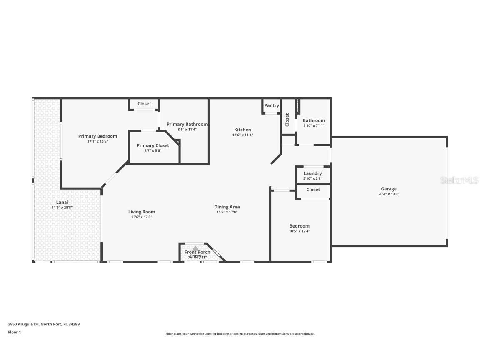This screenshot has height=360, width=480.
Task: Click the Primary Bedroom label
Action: coord(97,136)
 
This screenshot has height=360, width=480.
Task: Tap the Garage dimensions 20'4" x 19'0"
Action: coord(388,194)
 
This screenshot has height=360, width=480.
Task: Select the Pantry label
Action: coord(271,106)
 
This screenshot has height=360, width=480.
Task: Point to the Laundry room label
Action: coord(312,173)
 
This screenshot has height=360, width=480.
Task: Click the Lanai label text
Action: coord(62,202)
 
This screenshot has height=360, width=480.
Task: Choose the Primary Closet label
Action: coord(153,145)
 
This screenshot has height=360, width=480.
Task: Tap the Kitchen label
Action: coord(242,130)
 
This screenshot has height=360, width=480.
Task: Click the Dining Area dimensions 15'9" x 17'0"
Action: coord(227,212)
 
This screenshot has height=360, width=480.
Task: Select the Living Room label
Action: coord(142,212)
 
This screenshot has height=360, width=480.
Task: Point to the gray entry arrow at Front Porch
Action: coord(195,248)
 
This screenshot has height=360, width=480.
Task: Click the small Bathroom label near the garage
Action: coord(314,120)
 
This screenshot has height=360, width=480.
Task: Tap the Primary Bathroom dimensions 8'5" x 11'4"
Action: coord(187,130)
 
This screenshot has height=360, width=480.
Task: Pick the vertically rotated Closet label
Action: coord(287,120)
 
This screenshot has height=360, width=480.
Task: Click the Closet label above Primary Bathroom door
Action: coord(144,104)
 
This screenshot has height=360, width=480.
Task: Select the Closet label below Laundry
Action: coord(313,190)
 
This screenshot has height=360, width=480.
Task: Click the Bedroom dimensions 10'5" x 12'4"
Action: coord(300,231)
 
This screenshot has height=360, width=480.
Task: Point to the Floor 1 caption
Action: coord(14,332)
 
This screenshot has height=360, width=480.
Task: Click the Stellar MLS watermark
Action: coord(460,180)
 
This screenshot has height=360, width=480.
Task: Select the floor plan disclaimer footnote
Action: coord(240,334)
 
